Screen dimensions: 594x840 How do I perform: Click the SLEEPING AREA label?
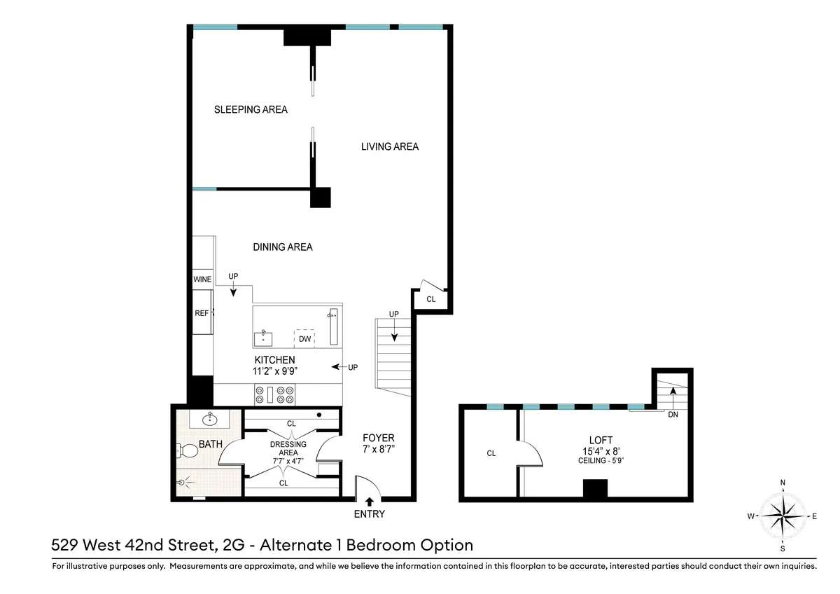(251, 110)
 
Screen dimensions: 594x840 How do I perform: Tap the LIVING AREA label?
(390, 146)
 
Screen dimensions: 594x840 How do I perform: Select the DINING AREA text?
(282, 247)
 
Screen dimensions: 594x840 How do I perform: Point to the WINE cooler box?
(202, 279)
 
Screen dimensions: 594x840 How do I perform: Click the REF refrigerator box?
(202, 313)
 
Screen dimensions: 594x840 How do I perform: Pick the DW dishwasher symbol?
(304, 339)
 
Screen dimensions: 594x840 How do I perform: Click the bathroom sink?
(209, 419)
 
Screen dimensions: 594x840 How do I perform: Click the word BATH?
(211, 444)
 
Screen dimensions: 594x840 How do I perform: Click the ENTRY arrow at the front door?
(370, 502)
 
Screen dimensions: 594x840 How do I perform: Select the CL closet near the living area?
(430, 299)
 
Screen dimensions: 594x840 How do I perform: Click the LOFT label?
(601, 440)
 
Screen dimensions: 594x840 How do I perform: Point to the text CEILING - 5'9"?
(601, 460)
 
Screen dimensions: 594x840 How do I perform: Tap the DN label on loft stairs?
(673, 414)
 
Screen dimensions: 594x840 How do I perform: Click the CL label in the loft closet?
(491, 453)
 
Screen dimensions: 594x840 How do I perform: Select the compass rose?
(782, 516)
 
